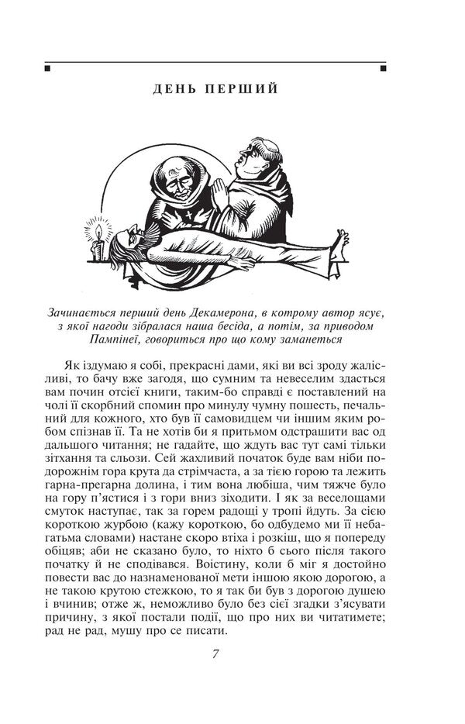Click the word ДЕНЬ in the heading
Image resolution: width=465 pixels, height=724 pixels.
click(x=174, y=89)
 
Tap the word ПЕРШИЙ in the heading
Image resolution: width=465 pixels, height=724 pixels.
click(x=241, y=89)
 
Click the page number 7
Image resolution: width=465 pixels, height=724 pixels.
click(x=215, y=652)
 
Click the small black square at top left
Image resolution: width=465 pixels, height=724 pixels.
click(x=48, y=70)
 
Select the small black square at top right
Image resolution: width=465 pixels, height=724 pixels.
click(x=383, y=70)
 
